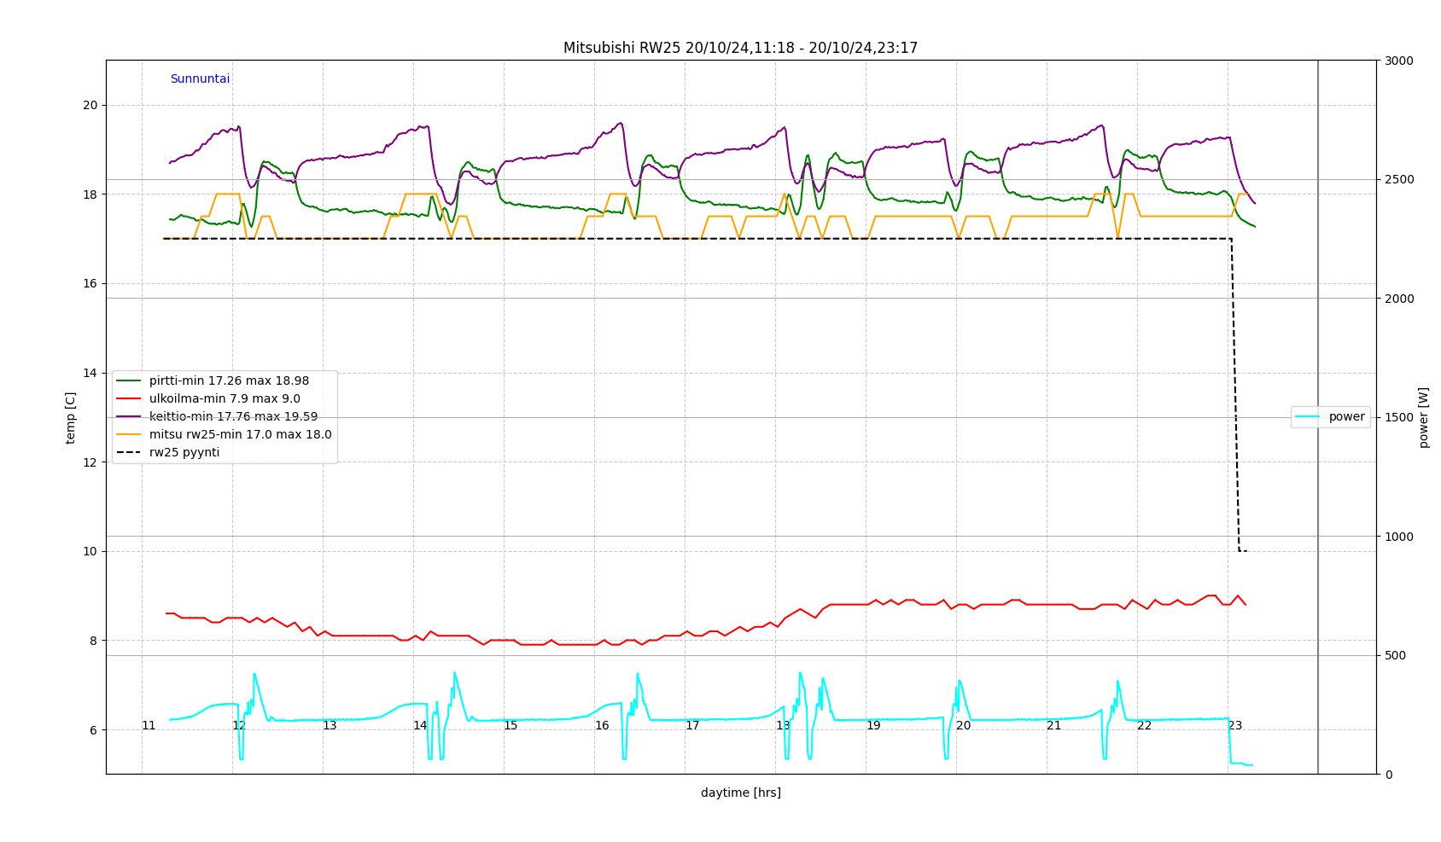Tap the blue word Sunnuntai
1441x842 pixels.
[200, 79]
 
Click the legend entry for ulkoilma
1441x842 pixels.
[225, 399]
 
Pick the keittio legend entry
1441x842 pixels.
[233, 417]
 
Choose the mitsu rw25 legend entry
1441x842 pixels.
[240, 435]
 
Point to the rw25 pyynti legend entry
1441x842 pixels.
[184, 453]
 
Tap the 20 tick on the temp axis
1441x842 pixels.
[90, 106]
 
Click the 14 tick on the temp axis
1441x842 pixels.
[90, 374]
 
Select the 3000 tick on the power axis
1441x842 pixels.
[1399, 61]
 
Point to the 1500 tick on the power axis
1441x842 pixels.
[1399, 418]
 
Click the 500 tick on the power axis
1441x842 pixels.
[1396, 656]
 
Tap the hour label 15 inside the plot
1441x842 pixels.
[510, 726]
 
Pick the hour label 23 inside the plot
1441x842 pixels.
[1234, 726]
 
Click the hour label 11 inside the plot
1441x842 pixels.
[149, 726]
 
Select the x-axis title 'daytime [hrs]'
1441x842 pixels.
[740, 793]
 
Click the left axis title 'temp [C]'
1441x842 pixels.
[71, 418]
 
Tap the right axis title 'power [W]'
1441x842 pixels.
[1424, 418]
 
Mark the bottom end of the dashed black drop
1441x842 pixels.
[1240, 551]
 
